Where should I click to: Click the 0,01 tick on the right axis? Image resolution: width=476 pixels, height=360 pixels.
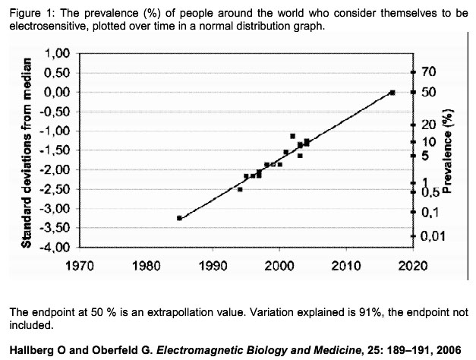(430, 237)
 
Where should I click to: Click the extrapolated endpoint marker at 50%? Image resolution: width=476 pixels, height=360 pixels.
(392, 92)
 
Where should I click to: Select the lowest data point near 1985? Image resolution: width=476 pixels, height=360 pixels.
(179, 218)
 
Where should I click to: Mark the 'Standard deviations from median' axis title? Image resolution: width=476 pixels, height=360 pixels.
(26, 150)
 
